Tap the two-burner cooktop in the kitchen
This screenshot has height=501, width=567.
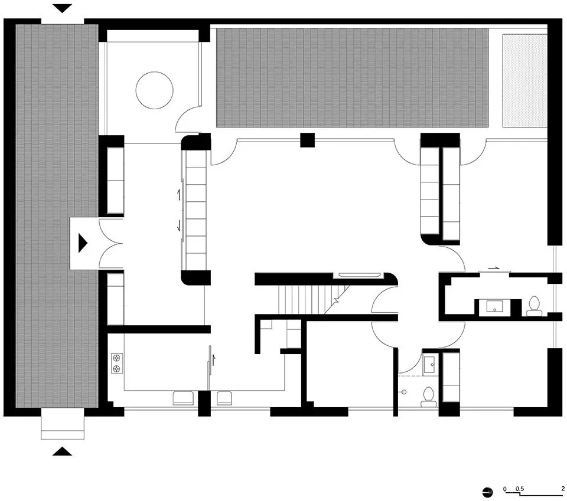pos(117,364)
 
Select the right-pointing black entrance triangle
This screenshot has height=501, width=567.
pos(83,243)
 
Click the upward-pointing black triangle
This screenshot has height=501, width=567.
pos(62,451)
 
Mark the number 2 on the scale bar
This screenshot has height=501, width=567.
pos(563,489)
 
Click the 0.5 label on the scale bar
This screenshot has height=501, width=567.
pos(520,489)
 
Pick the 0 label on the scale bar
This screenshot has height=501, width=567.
pos(505,489)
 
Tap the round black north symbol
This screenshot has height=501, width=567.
pos(487,492)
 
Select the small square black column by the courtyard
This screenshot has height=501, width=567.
pos(307,140)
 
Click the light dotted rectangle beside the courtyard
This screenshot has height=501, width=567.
pos(524,81)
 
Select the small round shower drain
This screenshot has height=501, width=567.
pos(404,392)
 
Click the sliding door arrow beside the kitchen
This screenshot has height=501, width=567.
pos(213,360)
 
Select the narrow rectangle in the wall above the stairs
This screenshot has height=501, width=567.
pos(359,275)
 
